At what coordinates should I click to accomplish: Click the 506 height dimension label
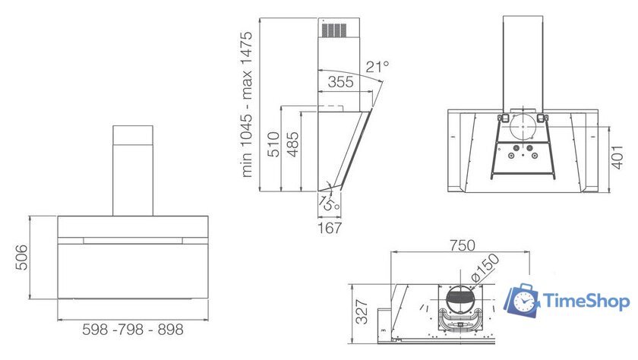click(x=22, y=257)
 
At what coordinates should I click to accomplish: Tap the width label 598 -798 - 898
click(x=133, y=329)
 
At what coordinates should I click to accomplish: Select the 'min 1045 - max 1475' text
click(x=247, y=105)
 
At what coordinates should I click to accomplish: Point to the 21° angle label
click(x=377, y=67)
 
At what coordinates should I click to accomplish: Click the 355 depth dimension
click(x=340, y=82)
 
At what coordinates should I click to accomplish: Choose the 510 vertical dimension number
click(x=273, y=144)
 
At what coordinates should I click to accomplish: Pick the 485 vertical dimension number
click(x=292, y=144)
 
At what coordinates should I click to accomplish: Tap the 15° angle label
click(x=329, y=203)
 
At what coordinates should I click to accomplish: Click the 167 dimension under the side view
click(x=330, y=228)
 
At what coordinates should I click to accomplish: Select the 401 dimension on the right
click(x=617, y=157)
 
